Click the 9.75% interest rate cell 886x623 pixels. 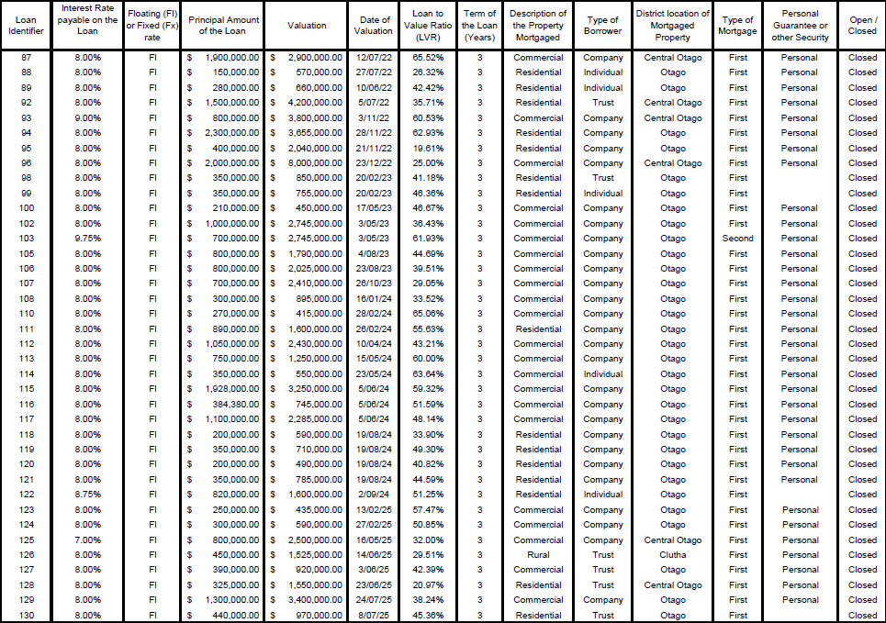87,239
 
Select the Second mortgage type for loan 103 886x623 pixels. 737,239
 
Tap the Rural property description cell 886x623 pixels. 538,555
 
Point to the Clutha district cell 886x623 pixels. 672,555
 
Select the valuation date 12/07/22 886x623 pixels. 374,58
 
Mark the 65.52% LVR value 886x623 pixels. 428,58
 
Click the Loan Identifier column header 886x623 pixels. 26,26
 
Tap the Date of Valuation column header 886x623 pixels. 374,26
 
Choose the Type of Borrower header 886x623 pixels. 602,26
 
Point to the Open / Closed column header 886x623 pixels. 862,26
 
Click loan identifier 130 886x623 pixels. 26,616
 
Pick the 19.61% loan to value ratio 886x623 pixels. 428,148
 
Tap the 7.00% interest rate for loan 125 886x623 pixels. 87,540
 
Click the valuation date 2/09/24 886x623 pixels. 374,495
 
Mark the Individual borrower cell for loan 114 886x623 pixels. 602,374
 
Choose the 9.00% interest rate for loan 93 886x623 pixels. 87,118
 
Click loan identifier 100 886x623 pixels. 26,208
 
